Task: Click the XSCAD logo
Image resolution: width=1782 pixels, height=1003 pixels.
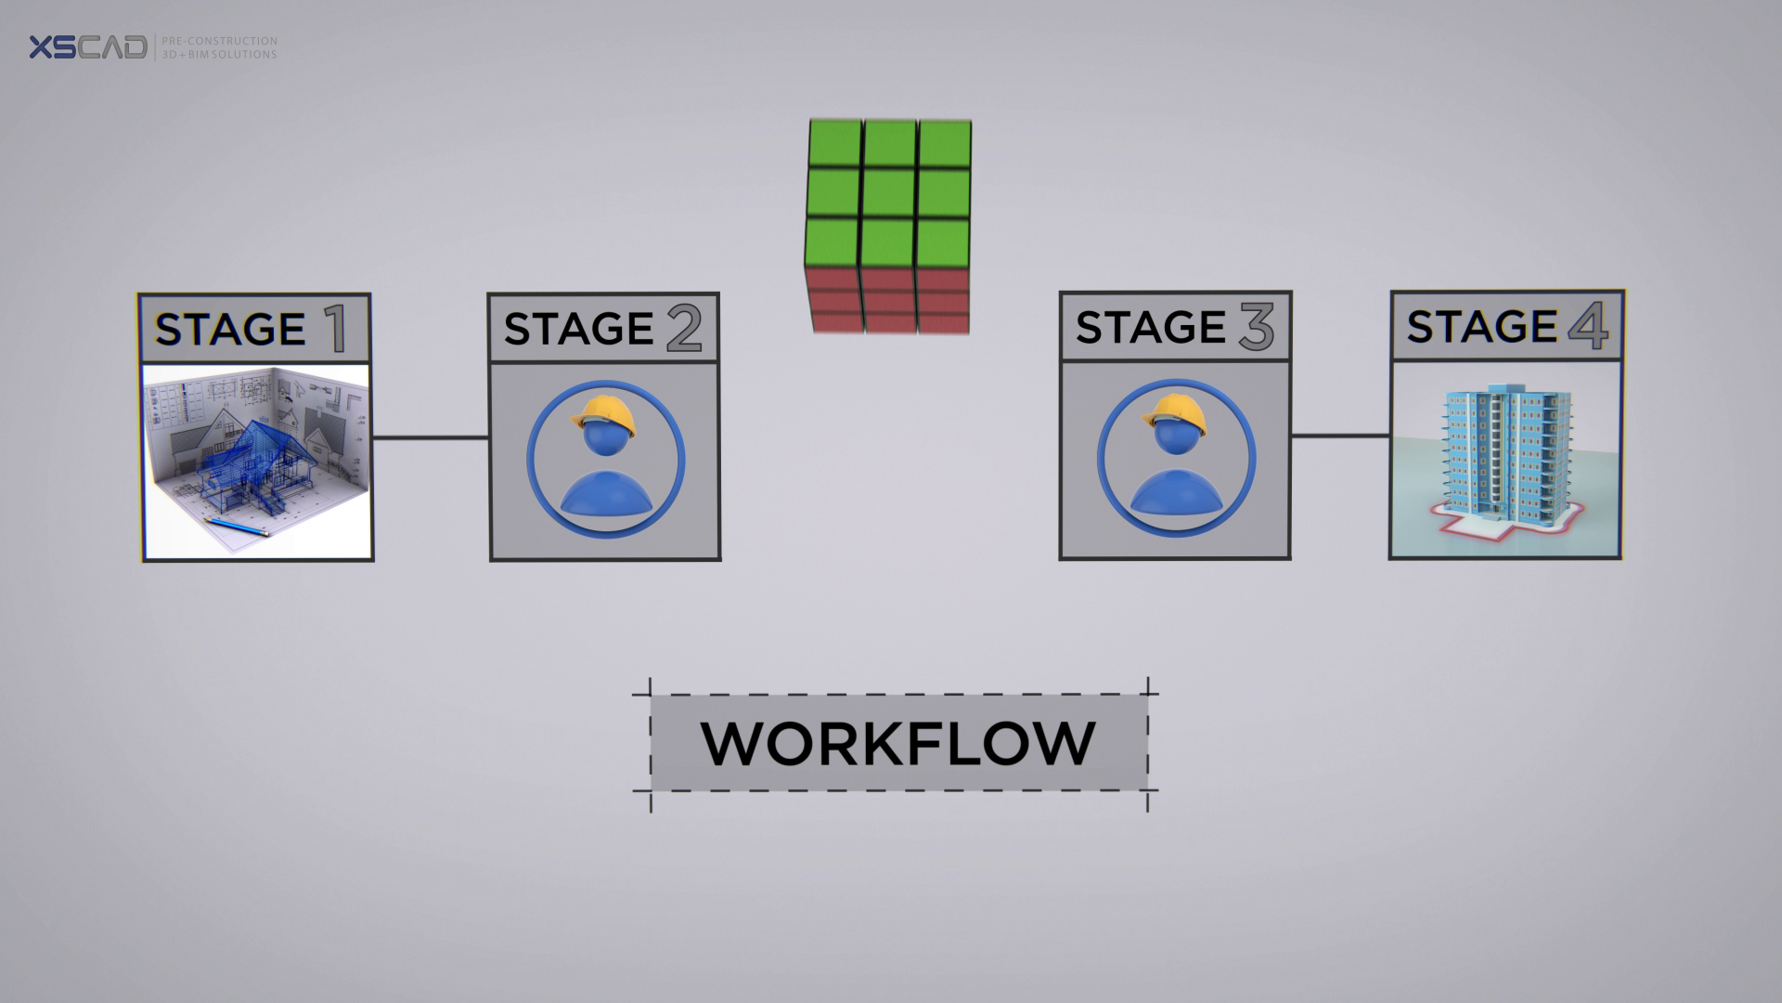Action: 87,47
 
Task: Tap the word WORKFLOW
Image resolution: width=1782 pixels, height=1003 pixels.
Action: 898,743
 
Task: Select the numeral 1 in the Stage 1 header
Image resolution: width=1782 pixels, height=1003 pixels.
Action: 333,330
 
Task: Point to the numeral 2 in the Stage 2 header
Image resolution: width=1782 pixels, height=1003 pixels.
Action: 684,330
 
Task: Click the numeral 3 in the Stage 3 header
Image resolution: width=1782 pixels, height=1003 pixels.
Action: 1256,328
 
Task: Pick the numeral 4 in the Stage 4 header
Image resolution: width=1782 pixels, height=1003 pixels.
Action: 1588,327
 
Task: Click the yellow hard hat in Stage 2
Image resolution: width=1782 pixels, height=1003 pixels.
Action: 605,413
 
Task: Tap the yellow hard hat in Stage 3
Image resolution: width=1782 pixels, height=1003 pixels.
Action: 1177,412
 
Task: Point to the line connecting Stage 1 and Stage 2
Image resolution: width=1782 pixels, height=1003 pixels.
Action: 431,437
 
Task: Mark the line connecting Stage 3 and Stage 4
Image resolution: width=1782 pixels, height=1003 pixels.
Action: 1340,436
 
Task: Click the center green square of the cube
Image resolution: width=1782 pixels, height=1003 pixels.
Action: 889,192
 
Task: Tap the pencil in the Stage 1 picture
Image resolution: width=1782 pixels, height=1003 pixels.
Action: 238,528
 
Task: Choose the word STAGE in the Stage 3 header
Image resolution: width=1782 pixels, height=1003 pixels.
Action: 1151,328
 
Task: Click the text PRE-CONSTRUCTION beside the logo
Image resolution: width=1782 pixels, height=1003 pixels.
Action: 219,41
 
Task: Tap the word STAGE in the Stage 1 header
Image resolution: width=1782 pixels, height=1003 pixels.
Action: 230,331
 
